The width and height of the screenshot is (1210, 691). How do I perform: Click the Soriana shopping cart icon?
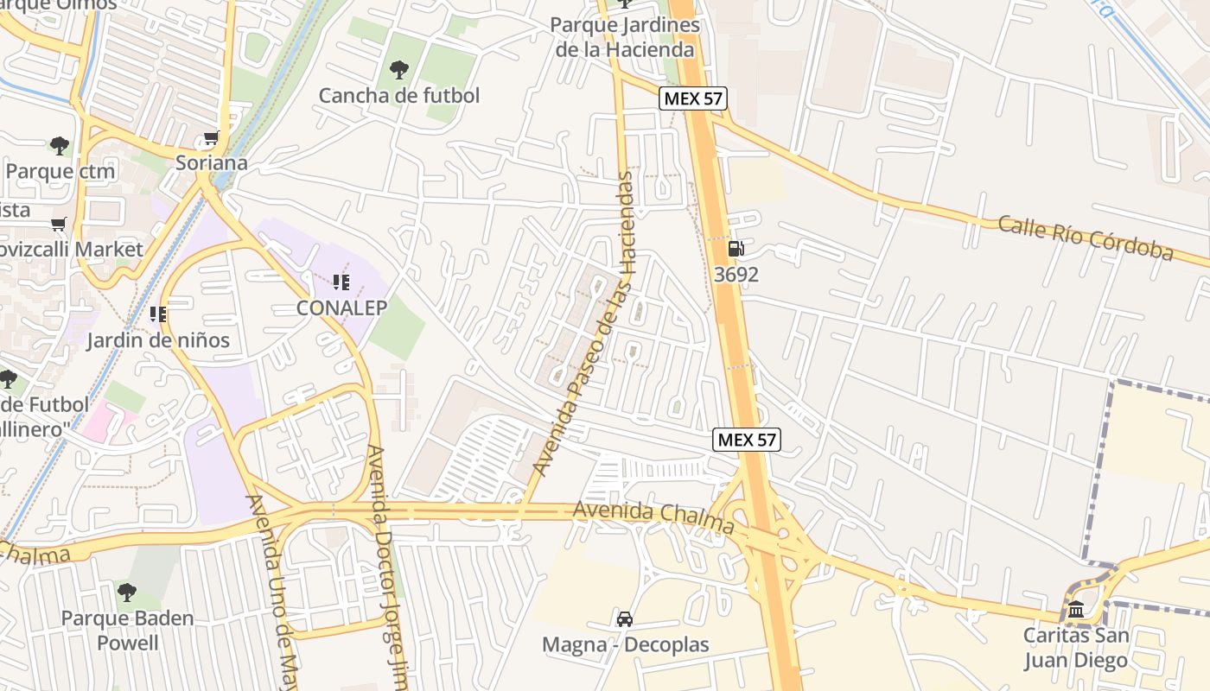pos(211,138)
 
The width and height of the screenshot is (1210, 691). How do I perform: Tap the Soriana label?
pos(212,162)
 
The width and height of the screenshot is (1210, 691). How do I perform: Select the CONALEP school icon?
pos(341,282)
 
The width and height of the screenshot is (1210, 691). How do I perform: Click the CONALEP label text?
pos(341,307)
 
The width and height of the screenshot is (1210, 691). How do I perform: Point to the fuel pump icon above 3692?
pos(736,250)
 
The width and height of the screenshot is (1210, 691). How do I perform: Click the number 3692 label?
pos(736,275)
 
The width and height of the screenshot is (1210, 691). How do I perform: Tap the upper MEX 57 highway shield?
pos(692,98)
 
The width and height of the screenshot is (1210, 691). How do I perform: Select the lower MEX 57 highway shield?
pos(748,440)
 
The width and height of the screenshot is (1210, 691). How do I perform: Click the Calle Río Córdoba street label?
pos(1086,238)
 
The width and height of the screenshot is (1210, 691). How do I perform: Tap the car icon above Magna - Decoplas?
pos(625,619)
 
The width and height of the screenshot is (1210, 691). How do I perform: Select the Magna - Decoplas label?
pos(625,644)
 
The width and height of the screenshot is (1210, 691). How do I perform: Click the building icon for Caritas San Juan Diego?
pos(1076,611)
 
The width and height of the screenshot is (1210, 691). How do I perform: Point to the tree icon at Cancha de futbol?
pos(398,70)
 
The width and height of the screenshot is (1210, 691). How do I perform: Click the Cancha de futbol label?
pos(398,95)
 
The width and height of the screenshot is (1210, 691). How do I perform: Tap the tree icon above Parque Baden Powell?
pos(127,593)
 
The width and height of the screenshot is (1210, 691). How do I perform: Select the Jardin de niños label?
pos(158,339)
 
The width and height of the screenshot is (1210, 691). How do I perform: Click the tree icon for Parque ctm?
pos(59,146)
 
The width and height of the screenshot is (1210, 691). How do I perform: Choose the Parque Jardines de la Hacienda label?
pos(624,37)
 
